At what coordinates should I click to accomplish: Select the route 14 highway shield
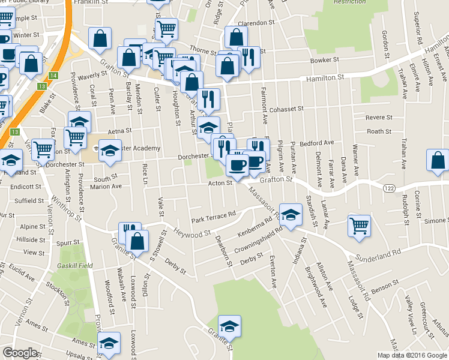(53, 75)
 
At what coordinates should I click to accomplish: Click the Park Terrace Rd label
(213, 217)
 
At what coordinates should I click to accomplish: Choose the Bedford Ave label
(316, 143)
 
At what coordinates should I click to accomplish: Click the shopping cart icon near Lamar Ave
(359, 226)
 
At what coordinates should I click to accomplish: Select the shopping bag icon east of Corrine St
(438, 160)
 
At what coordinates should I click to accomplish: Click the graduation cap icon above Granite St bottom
(229, 326)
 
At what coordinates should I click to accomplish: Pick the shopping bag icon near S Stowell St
(137, 242)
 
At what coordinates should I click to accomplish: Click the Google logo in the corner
(20, 353)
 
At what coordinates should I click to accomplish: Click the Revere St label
(378, 118)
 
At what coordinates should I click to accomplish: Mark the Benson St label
(382, 290)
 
